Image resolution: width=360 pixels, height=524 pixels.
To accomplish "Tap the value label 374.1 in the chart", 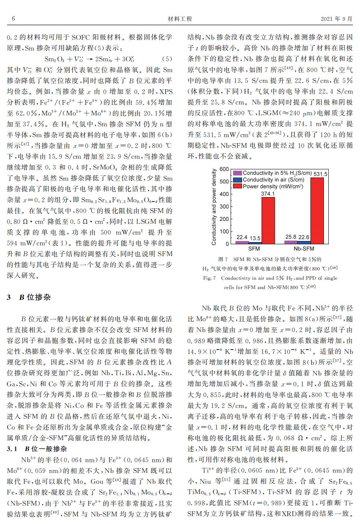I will (x=268, y=194).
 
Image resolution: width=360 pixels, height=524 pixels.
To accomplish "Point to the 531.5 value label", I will (x=321, y=174).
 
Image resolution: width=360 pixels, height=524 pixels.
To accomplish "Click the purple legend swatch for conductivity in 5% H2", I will (x=237, y=173).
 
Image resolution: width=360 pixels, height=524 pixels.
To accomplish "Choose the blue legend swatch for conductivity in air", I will (x=237, y=180).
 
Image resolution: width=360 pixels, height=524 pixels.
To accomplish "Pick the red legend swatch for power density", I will (x=237, y=186).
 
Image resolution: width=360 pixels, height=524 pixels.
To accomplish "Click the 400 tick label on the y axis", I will (x=224, y=194).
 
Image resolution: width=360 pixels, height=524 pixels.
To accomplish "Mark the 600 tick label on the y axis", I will (x=224, y=169).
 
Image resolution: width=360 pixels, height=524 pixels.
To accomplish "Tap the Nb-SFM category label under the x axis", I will (x=304, y=249).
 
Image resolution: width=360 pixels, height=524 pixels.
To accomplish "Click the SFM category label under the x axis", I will (x=254, y=249).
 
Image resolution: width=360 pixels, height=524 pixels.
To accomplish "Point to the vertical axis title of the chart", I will (x=214, y=207).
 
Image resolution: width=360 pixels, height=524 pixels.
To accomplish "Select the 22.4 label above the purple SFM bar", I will (x=242, y=237).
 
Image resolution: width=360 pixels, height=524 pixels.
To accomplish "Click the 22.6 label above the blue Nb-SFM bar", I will (x=303, y=237).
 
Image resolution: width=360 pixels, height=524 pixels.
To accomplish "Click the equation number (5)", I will (x=167, y=59).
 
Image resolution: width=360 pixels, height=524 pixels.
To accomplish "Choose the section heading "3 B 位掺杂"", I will (x=29, y=298).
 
